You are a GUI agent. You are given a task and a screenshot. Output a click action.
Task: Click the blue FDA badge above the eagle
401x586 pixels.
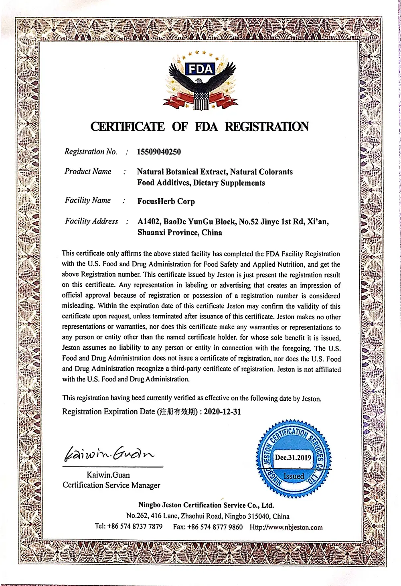click(x=200, y=69)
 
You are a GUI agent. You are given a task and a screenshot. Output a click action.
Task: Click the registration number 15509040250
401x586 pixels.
click(x=159, y=152)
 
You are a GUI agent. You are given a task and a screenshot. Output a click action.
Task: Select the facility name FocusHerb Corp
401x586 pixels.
click(x=166, y=201)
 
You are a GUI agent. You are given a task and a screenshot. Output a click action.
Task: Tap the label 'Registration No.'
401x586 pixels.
click(x=91, y=152)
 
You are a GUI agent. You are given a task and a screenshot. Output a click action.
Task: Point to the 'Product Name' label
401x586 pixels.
click(x=88, y=171)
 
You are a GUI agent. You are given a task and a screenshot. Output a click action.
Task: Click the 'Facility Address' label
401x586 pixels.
click(x=91, y=221)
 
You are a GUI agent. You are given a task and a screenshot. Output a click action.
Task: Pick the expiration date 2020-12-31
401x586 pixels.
click(x=222, y=412)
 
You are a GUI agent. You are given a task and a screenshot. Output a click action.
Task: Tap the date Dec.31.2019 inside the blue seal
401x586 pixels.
click(x=293, y=457)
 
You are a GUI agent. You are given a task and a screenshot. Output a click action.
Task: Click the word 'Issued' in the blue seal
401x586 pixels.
click(x=294, y=476)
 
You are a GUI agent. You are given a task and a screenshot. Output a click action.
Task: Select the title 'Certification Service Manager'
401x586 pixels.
click(x=111, y=485)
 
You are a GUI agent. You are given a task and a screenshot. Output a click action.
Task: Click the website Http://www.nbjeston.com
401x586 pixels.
click(x=286, y=527)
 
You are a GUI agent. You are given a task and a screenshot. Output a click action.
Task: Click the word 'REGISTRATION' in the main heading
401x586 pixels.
click(x=266, y=127)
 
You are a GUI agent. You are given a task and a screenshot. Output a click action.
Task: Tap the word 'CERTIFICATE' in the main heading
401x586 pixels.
click(x=128, y=127)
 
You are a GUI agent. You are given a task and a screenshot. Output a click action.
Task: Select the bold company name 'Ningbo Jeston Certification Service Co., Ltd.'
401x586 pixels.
click(x=206, y=505)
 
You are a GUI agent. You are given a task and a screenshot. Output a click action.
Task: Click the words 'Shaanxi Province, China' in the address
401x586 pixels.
click(x=180, y=233)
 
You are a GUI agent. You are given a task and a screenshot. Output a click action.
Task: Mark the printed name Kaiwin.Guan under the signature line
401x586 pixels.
click(x=108, y=475)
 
